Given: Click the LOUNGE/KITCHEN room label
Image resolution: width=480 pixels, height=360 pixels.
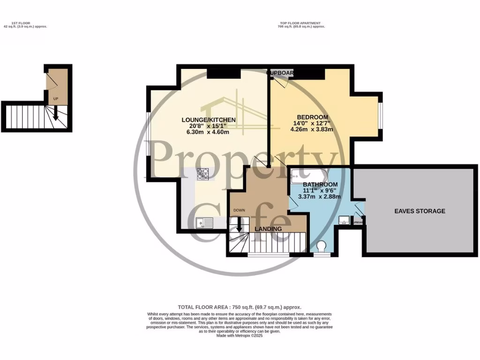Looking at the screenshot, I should click(x=209, y=120).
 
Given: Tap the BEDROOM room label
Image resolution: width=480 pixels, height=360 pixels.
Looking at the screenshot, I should click(x=312, y=117).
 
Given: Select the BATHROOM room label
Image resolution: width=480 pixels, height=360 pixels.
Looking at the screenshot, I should click(x=320, y=184).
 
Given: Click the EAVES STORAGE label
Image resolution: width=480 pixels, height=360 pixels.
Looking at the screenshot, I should click(x=420, y=211).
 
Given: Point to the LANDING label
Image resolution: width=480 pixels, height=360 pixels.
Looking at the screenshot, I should click(x=268, y=229).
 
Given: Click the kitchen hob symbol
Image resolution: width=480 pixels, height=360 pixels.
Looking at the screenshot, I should click(x=203, y=174).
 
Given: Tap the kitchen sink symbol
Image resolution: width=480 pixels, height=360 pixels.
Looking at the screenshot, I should click(x=205, y=222).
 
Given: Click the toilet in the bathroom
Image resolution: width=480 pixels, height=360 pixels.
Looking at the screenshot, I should click(x=322, y=246).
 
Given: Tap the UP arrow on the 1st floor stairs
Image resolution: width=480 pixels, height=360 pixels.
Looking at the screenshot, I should click(x=56, y=113).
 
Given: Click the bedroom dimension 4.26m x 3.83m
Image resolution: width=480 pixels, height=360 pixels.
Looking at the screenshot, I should click(x=312, y=129).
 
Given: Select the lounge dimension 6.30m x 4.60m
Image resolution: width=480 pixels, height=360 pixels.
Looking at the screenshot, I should click(x=209, y=132).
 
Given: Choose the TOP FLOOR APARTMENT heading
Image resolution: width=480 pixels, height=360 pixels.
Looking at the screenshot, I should click(x=301, y=23).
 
